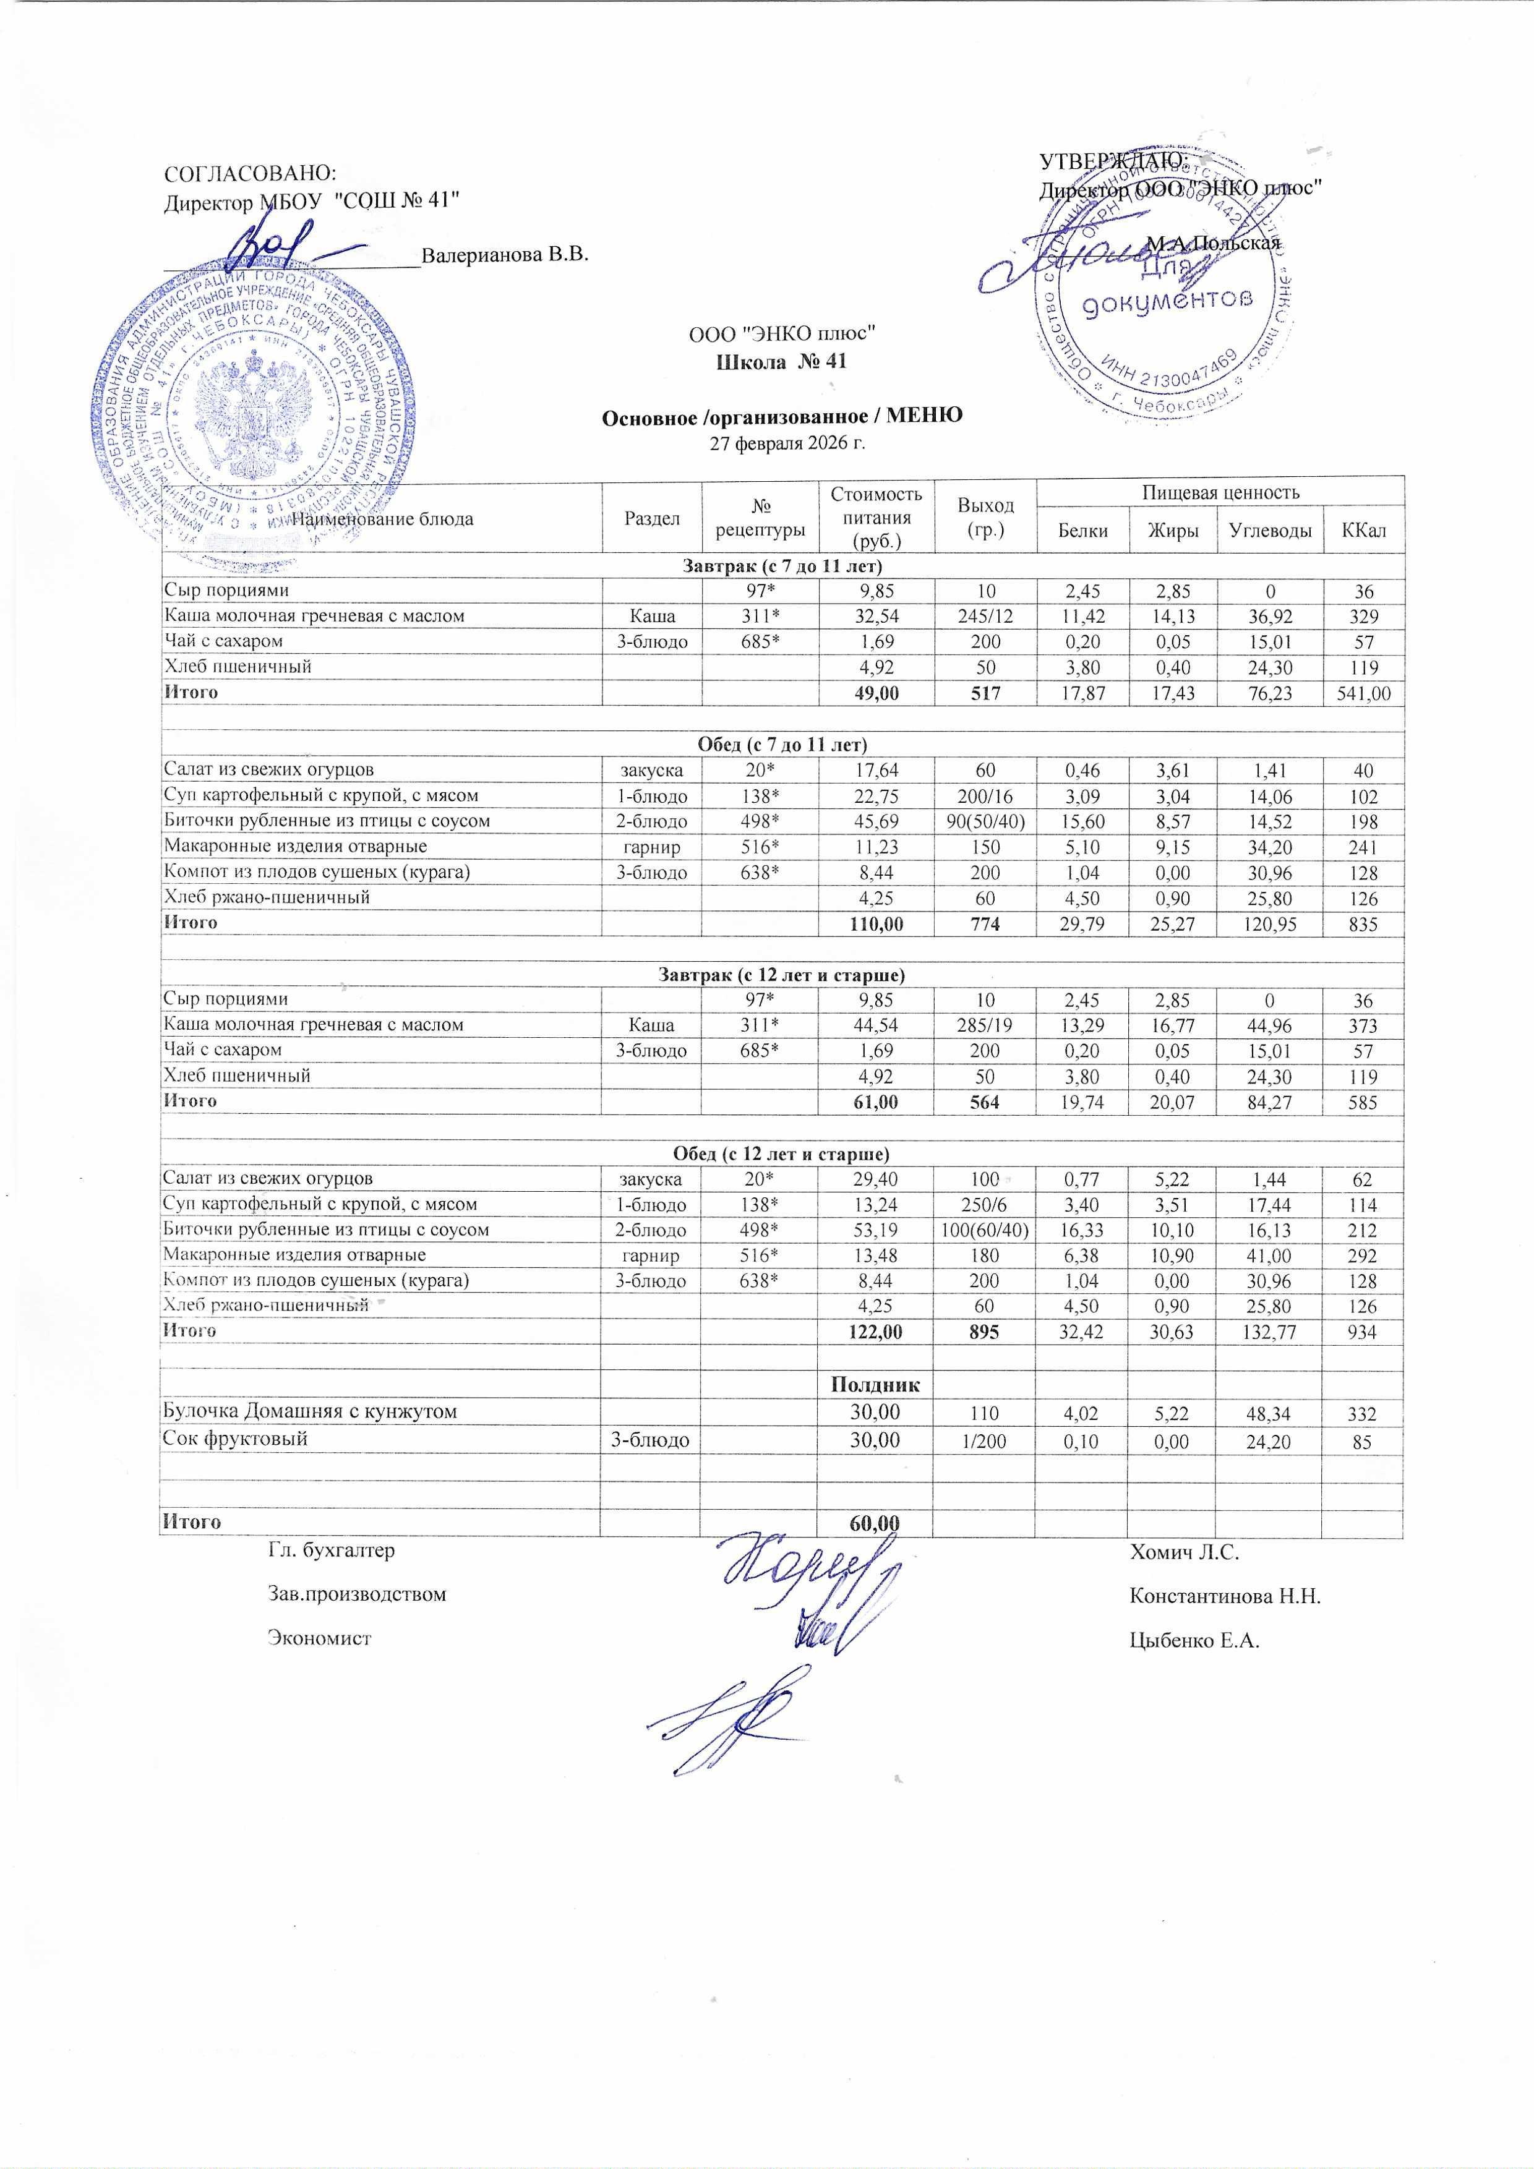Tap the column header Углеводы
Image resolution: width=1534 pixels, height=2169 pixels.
1269,530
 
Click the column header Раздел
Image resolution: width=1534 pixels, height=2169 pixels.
652,518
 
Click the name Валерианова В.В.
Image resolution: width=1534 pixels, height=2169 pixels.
504,255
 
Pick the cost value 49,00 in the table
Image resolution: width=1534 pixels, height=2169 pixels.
876,693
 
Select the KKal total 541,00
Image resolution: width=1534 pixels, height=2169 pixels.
1363,693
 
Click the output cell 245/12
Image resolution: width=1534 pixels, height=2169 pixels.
985,617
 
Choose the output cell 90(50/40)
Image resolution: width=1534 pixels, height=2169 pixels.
985,821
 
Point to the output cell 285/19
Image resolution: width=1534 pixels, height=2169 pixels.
985,1025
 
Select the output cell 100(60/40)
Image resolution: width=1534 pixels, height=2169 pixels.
985,1230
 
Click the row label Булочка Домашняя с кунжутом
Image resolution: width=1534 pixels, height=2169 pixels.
310,1411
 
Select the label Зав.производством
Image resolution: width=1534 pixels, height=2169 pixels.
357,1594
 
